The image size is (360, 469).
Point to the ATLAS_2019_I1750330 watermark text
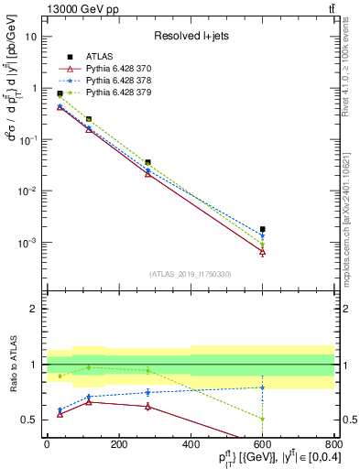point(190,273)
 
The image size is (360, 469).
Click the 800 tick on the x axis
point(334,444)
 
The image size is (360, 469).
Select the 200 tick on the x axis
point(118,444)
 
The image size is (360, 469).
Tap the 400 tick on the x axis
point(191,444)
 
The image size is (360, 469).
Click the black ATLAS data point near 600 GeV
point(263,229)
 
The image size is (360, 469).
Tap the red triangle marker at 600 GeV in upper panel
point(263,252)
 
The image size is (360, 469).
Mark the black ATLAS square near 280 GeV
point(147,162)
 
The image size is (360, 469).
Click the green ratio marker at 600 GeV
point(263,419)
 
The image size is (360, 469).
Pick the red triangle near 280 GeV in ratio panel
point(147,406)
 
